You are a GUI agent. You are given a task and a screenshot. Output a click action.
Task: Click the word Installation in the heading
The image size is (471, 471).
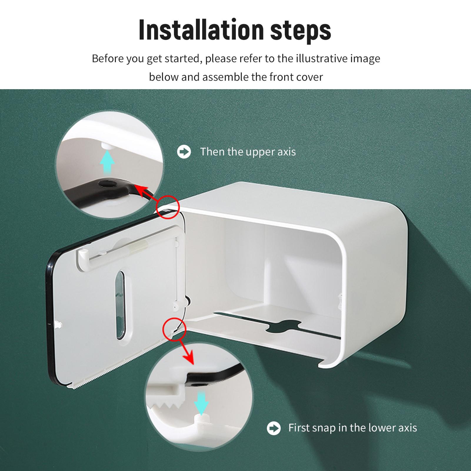[201, 30]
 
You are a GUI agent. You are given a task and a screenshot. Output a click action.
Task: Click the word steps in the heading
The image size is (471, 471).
[300, 31]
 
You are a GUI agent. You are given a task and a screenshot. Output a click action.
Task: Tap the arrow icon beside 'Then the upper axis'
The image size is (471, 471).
[184, 152]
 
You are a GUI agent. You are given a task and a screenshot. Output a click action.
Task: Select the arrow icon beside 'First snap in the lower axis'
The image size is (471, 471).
[274, 428]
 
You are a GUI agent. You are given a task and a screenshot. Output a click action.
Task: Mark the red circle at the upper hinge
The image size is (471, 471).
[168, 207]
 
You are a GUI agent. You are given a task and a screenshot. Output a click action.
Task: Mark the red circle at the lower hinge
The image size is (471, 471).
[175, 329]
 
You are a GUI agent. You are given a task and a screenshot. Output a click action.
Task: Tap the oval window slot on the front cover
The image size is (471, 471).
[120, 305]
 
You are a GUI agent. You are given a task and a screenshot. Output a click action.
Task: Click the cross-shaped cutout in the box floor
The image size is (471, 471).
[283, 327]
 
